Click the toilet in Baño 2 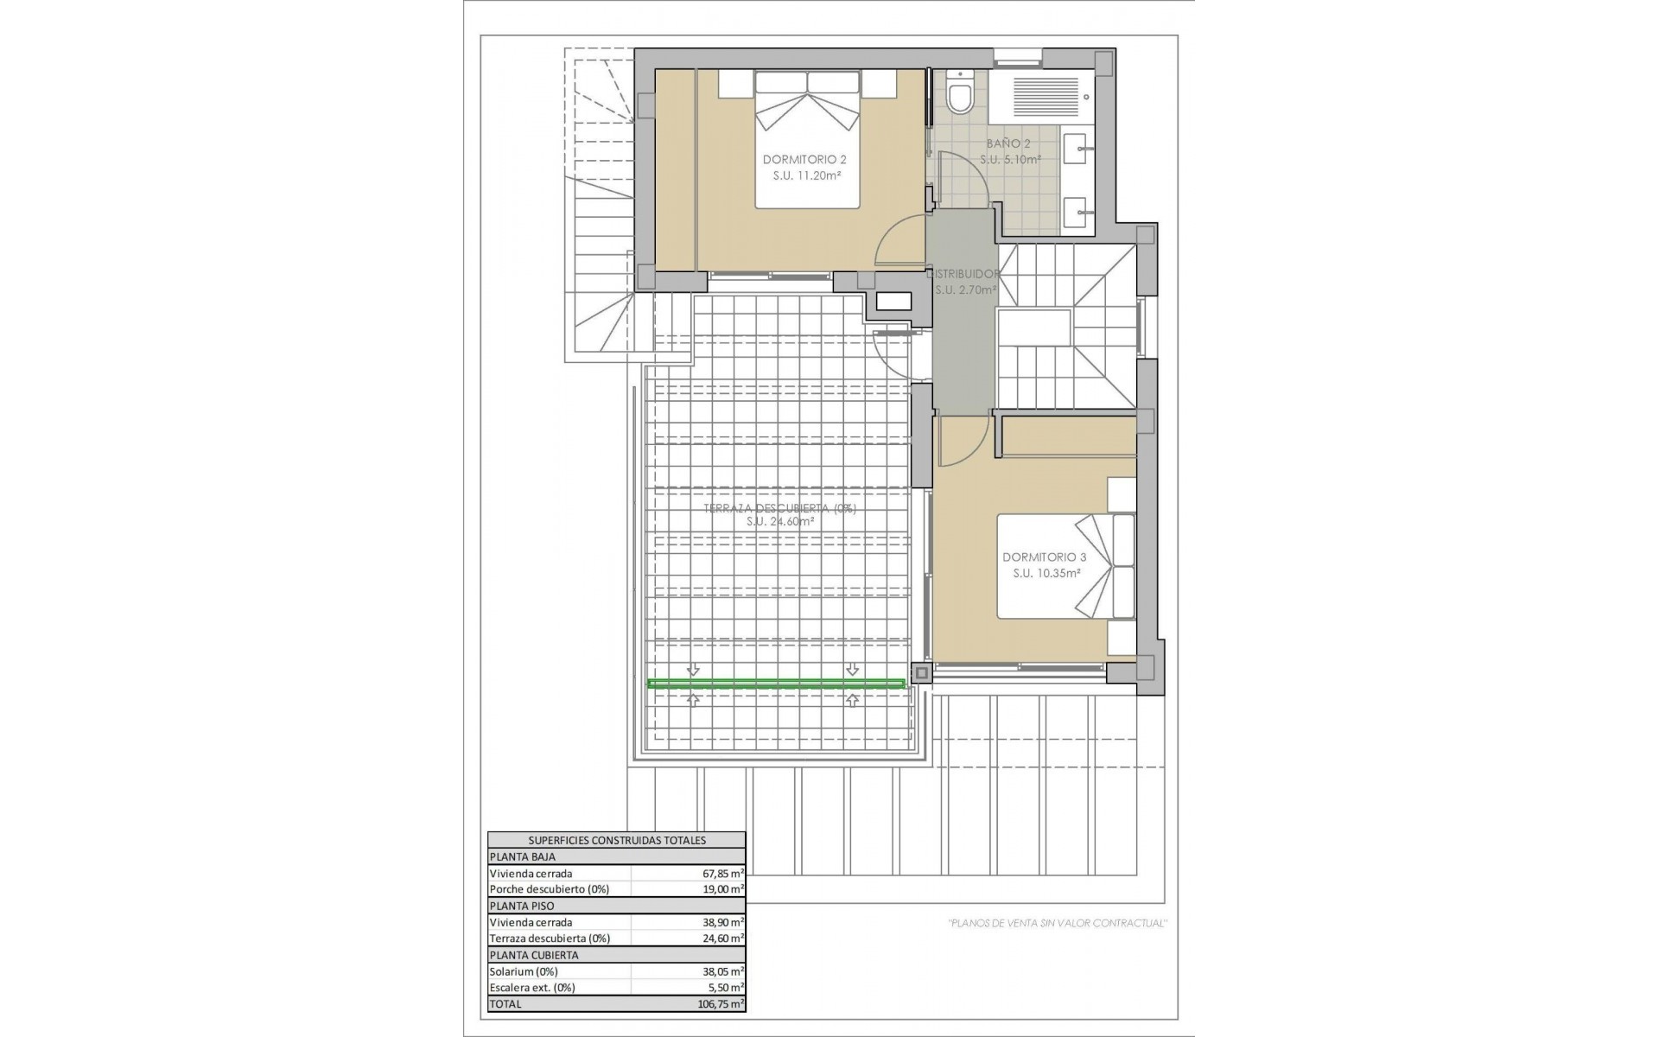(x=959, y=94)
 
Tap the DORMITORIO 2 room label (x=804, y=160)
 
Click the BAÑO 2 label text (x=1008, y=143)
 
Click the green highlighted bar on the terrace (x=776, y=684)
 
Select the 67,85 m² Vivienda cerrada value (x=723, y=874)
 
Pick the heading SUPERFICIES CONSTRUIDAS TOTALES (x=616, y=840)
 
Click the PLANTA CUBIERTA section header (x=533, y=955)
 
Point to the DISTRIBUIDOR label (x=965, y=274)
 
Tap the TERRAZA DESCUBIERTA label (x=779, y=509)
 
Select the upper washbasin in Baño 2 (x=1076, y=149)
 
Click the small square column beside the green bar (x=921, y=672)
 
